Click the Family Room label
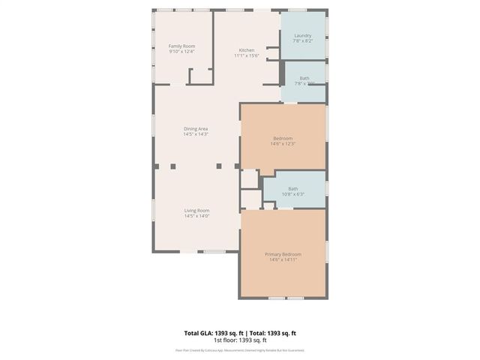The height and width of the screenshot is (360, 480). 181,46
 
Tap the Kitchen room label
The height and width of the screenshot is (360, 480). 246,50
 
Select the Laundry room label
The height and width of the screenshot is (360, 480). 303,35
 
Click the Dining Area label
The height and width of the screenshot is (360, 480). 196,129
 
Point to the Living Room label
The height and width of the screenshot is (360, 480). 197,210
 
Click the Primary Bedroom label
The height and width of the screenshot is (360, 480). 282,254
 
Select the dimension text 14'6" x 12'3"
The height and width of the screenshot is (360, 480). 282,143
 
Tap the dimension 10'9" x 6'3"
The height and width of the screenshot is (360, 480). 292,194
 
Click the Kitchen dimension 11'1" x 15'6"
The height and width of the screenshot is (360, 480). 246,56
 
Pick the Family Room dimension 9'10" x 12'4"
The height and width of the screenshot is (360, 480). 181,52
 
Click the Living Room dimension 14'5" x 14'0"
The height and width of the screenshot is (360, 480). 197,216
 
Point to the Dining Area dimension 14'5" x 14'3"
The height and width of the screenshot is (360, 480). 196,134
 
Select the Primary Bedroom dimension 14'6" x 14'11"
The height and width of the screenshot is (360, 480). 282,260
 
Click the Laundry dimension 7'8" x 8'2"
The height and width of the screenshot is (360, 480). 303,41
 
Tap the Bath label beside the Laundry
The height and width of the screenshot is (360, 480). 304,77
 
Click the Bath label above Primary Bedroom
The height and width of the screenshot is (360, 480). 292,188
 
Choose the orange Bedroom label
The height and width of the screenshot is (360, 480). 282,137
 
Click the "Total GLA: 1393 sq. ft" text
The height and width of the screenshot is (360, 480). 209,332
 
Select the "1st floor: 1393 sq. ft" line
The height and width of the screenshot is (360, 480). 240,340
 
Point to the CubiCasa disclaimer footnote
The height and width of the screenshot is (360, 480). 240,349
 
